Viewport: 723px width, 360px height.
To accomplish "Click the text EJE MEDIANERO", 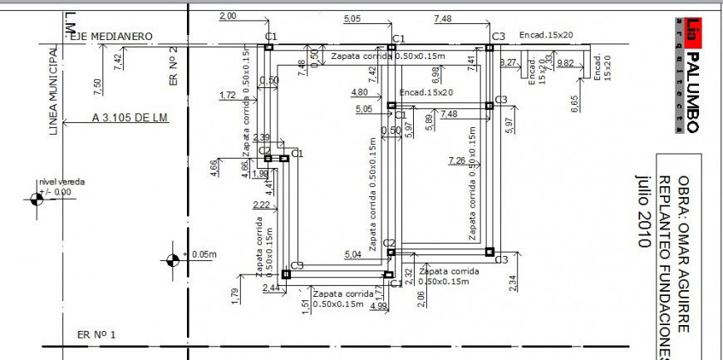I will click(111, 37).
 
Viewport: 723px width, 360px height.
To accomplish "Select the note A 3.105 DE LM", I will click(130, 118).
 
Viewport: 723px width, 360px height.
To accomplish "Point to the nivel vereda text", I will click(61, 181).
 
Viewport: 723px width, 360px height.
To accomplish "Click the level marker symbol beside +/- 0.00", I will click(37, 199).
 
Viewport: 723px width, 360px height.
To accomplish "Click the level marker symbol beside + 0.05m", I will click(173, 259).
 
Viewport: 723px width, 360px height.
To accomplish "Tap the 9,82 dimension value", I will click(566, 63).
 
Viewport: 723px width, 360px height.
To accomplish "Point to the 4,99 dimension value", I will click(378, 307).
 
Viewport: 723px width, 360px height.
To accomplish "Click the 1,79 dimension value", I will click(234, 293).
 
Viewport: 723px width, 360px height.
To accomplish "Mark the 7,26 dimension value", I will click(456, 160).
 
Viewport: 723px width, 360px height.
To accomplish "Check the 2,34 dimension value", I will click(513, 283).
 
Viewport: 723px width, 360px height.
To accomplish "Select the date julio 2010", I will click(643, 211).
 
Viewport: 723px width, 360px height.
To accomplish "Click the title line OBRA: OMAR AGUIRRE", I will click(684, 254).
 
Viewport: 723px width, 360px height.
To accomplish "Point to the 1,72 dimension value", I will click(227, 96).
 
